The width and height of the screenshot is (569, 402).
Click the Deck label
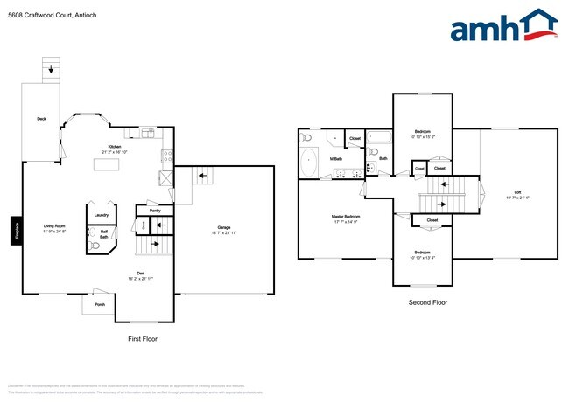41,118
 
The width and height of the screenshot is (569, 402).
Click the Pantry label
155,210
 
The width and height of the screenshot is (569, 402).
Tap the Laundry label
102,214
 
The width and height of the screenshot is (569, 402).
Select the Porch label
100,304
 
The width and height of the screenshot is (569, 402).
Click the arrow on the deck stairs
51,68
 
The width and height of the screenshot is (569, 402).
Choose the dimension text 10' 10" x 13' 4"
422,258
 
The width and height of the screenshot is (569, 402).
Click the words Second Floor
428,302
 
